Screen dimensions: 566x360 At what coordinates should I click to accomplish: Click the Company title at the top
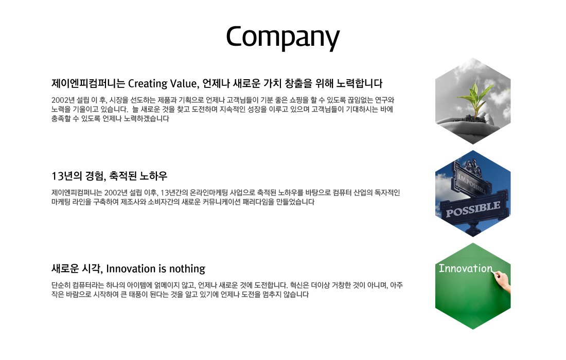click(x=283, y=37)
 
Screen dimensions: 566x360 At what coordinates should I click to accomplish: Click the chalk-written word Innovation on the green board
click(x=465, y=268)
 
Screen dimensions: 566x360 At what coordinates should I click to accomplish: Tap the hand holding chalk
click(x=503, y=281)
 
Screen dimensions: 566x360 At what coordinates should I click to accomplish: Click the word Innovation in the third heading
click(x=131, y=269)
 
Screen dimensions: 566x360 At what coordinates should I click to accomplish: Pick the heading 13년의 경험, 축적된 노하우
click(x=110, y=176)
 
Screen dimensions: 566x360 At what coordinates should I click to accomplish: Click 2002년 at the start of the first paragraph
click(x=63, y=100)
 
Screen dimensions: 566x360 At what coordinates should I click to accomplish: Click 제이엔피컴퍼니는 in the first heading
click(x=88, y=84)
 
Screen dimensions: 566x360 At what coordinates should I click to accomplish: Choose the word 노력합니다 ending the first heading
click(x=359, y=84)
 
